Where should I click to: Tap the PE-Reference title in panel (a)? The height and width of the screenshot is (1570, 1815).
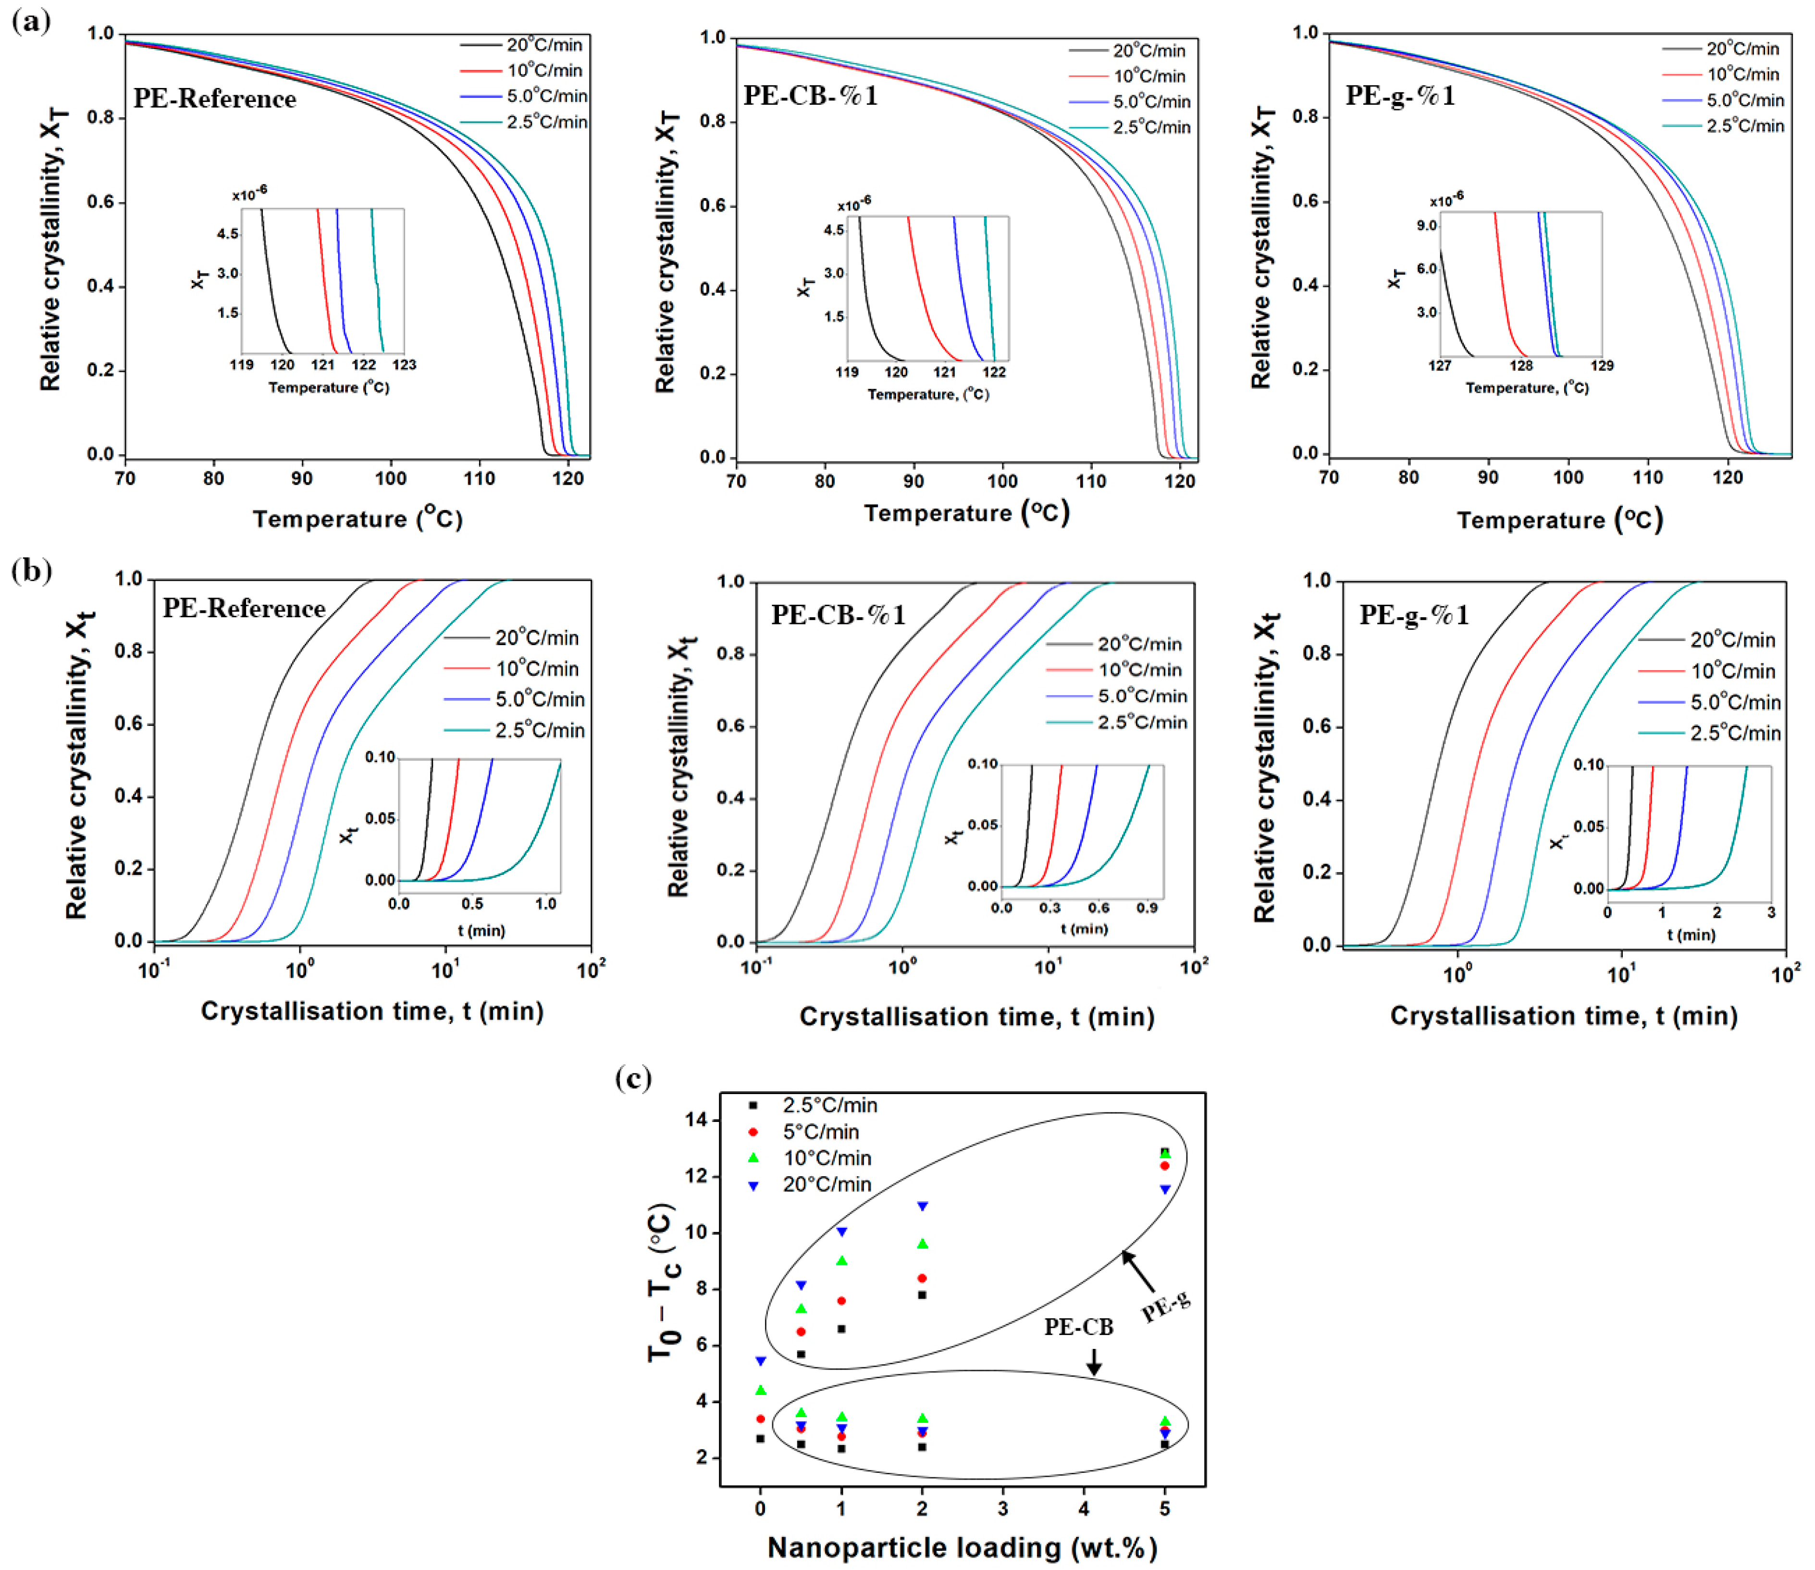[x=215, y=99]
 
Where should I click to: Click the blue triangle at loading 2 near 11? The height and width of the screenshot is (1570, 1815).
[x=922, y=1207]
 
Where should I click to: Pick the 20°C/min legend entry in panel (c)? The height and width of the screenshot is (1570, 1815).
[x=826, y=1184]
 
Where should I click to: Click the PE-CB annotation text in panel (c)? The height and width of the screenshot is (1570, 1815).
[x=1078, y=1327]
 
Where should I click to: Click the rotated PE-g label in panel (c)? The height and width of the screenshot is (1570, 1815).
[x=1166, y=1306]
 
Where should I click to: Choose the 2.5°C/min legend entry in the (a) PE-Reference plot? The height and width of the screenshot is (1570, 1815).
[x=546, y=122]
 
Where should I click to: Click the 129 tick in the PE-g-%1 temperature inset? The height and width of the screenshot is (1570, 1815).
[x=1602, y=365]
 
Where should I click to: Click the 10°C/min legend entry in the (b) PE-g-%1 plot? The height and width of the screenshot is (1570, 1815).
[x=1732, y=671]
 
